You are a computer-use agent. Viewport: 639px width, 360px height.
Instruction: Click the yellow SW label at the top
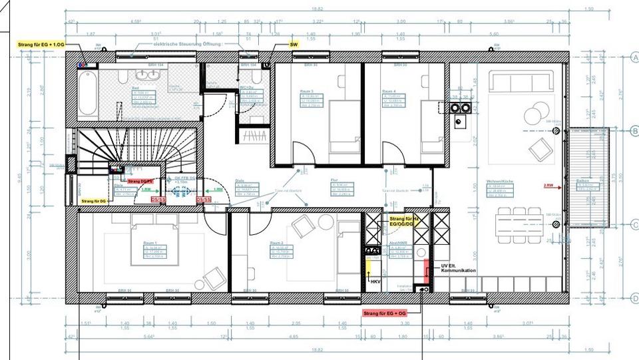pyautogui.click(x=294, y=44)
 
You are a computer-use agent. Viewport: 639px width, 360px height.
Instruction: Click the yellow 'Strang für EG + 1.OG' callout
pyautogui.click(x=42, y=44)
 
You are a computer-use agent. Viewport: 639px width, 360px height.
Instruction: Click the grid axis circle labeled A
pyautogui.click(x=634, y=57)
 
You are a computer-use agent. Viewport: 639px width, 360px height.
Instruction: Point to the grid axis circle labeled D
pyautogui.click(x=634, y=299)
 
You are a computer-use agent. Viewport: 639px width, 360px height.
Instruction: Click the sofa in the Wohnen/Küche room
pyautogui.click(x=519, y=82)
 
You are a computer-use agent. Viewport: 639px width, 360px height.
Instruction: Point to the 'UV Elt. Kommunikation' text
pyautogui.click(x=458, y=268)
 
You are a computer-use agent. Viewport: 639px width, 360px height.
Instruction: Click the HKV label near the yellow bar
pyautogui.click(x=375, y=281)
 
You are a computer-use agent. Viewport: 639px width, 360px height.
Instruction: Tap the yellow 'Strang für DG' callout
pyautogui.click(x=95, y=200)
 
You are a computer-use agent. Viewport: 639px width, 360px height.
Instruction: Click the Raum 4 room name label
pyautogui.click(x=389, y=90)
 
